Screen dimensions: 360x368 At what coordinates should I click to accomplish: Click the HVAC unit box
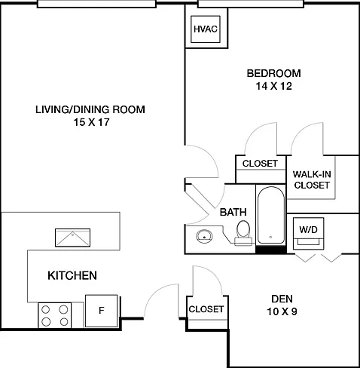pos(206,29)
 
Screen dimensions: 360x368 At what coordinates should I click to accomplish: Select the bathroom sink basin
pos(204,236)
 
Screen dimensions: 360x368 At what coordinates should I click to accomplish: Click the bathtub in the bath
pos(271,215)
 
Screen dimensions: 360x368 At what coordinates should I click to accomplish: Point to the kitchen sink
pos(72,238)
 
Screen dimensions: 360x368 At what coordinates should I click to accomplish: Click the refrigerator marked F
pos(102,311)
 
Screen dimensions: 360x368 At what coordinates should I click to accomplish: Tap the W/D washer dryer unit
pos(309,234)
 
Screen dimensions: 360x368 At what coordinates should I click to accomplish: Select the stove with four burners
pos(55,315)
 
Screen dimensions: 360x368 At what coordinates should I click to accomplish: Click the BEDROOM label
pos(274,73)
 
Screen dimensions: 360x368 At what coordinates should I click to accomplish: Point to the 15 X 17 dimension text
pos(91,122)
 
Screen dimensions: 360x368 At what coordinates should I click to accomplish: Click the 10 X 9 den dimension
pos(282,311)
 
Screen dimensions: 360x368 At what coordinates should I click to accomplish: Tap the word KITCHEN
pos(72,276)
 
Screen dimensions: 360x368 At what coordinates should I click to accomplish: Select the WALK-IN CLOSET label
pos(312,179)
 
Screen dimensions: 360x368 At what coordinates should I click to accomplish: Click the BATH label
pos(233,212)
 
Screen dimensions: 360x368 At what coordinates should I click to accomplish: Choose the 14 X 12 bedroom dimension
pos(274,86)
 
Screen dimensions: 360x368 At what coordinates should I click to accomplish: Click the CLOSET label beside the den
pos(206,309)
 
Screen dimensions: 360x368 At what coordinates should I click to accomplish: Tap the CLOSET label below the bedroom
pos(260,164)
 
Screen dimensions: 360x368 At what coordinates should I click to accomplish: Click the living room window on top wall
pos(96,4)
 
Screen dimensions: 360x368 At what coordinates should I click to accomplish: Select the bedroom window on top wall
pos(251,4)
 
